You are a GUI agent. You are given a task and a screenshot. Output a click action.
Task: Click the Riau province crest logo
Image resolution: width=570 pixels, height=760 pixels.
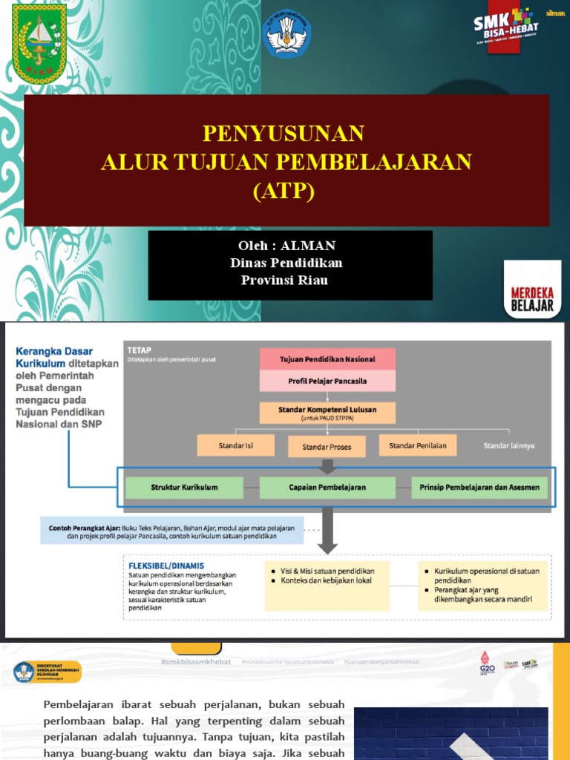(x=39, y=43)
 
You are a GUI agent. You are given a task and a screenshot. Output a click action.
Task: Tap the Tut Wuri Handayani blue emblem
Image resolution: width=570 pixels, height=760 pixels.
(x=287, y=34)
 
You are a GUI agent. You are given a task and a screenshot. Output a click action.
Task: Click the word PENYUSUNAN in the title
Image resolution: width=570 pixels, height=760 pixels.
(x=284, y=134)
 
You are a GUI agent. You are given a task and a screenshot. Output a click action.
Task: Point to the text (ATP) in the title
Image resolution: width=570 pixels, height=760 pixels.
(x=284, y=191)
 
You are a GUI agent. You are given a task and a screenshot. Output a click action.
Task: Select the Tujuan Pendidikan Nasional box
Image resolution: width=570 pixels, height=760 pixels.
(x=327, y=359)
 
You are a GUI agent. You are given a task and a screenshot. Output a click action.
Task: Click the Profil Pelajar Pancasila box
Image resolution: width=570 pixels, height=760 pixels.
(x=327, y=381)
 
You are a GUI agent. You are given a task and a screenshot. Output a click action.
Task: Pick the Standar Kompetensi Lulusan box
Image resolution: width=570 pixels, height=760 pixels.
(x=327, y=411)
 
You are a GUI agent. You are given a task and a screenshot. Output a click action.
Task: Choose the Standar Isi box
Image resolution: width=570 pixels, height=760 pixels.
(x=235, y=445)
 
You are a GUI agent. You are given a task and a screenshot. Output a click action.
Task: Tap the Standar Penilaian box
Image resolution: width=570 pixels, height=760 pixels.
(x=418, y=445)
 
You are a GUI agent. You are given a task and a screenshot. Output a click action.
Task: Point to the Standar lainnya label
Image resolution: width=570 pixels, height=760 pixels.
(x=509, y=445)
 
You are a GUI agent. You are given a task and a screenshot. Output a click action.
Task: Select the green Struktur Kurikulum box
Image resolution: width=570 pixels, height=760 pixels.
(x=184, y=488)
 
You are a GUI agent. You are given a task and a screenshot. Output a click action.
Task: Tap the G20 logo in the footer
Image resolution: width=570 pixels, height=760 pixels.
(x=487, y=663)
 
